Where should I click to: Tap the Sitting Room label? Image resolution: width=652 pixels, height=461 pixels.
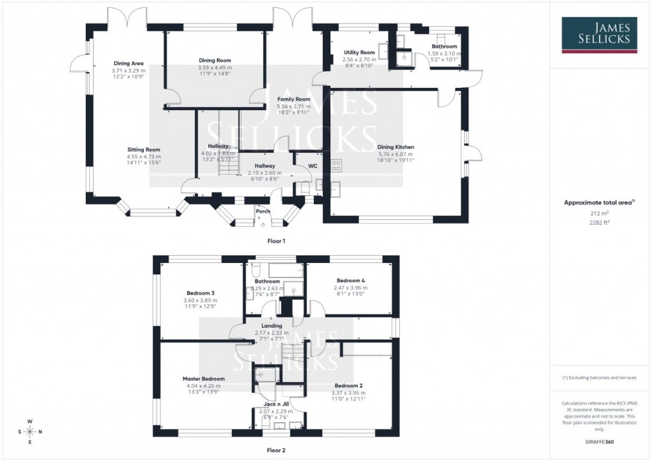[x=143, y=150]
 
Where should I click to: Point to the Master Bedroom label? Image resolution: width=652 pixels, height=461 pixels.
[x=204, y=379]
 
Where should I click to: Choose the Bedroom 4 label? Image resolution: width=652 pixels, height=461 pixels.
[x=350, y=280]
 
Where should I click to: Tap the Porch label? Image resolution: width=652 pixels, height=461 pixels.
[x=263, y=211]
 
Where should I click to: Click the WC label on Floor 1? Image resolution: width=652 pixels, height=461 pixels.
[x=313, y=166]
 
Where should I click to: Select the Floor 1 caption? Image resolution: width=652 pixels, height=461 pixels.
[x=276, y=241]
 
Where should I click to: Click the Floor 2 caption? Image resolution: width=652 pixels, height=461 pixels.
[x=276, y=450]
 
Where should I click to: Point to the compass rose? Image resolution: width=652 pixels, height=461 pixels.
[x=30, y=431]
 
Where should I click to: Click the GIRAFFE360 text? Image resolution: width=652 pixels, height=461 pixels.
[x=600, y=441]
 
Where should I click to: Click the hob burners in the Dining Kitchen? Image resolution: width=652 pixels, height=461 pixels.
[x=336, y=165]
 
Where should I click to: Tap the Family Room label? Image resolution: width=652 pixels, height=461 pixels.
[x=294, y=99]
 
